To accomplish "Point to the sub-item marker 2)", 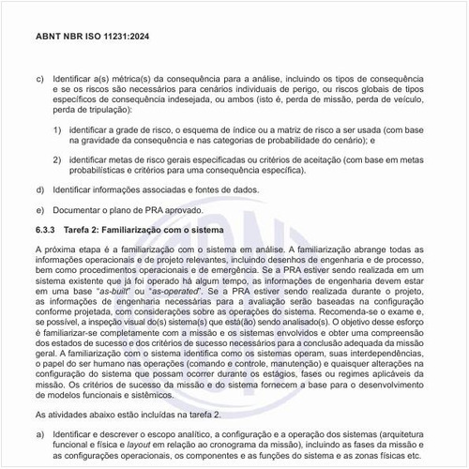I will (57, 160).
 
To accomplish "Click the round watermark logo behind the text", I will (234, 272).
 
